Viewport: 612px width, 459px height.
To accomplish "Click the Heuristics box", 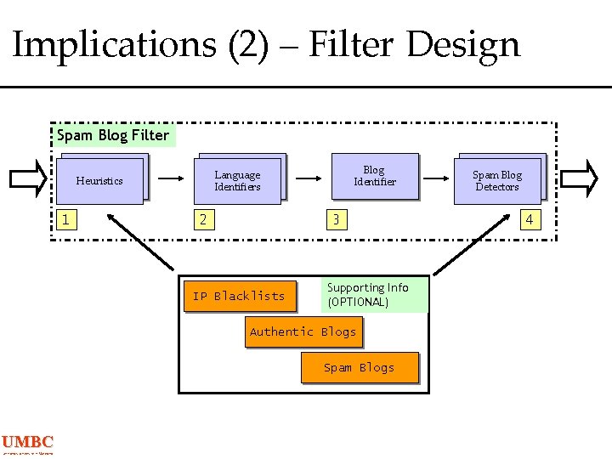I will (x=100, y=180).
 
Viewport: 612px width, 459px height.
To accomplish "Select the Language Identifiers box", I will (x=238, y=181).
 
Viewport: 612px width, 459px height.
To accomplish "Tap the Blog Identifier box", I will (x=375, y=176).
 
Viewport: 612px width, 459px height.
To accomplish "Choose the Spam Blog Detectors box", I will (x=497, y=181).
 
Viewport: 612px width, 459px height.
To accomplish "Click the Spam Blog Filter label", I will (x=113, y=135).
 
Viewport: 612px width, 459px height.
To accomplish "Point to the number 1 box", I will (x=65, y=220).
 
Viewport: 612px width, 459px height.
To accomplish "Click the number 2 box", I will (x=202, y=220).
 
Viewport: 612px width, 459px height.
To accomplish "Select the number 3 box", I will (x=337, y=220).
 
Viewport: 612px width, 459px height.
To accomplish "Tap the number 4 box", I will (x=530, y=220).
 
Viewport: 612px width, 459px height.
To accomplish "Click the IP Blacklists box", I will (x=239, y=296).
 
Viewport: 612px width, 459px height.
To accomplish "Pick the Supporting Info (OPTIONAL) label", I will (x=374, y=295).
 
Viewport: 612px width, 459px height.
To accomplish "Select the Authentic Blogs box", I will (x=303, y=331).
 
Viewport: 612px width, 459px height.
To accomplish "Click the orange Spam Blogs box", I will (x=360, y=367).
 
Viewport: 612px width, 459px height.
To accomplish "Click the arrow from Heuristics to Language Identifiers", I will (x=173, y=179).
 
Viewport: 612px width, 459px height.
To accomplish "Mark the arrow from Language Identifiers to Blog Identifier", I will (x=308, y=179).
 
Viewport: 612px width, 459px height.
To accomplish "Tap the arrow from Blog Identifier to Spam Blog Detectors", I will (x=436, y=179).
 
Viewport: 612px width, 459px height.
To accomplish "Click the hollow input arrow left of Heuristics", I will (x=28, y=178).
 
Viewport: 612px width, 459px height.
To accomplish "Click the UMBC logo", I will (x=27, y=444).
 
